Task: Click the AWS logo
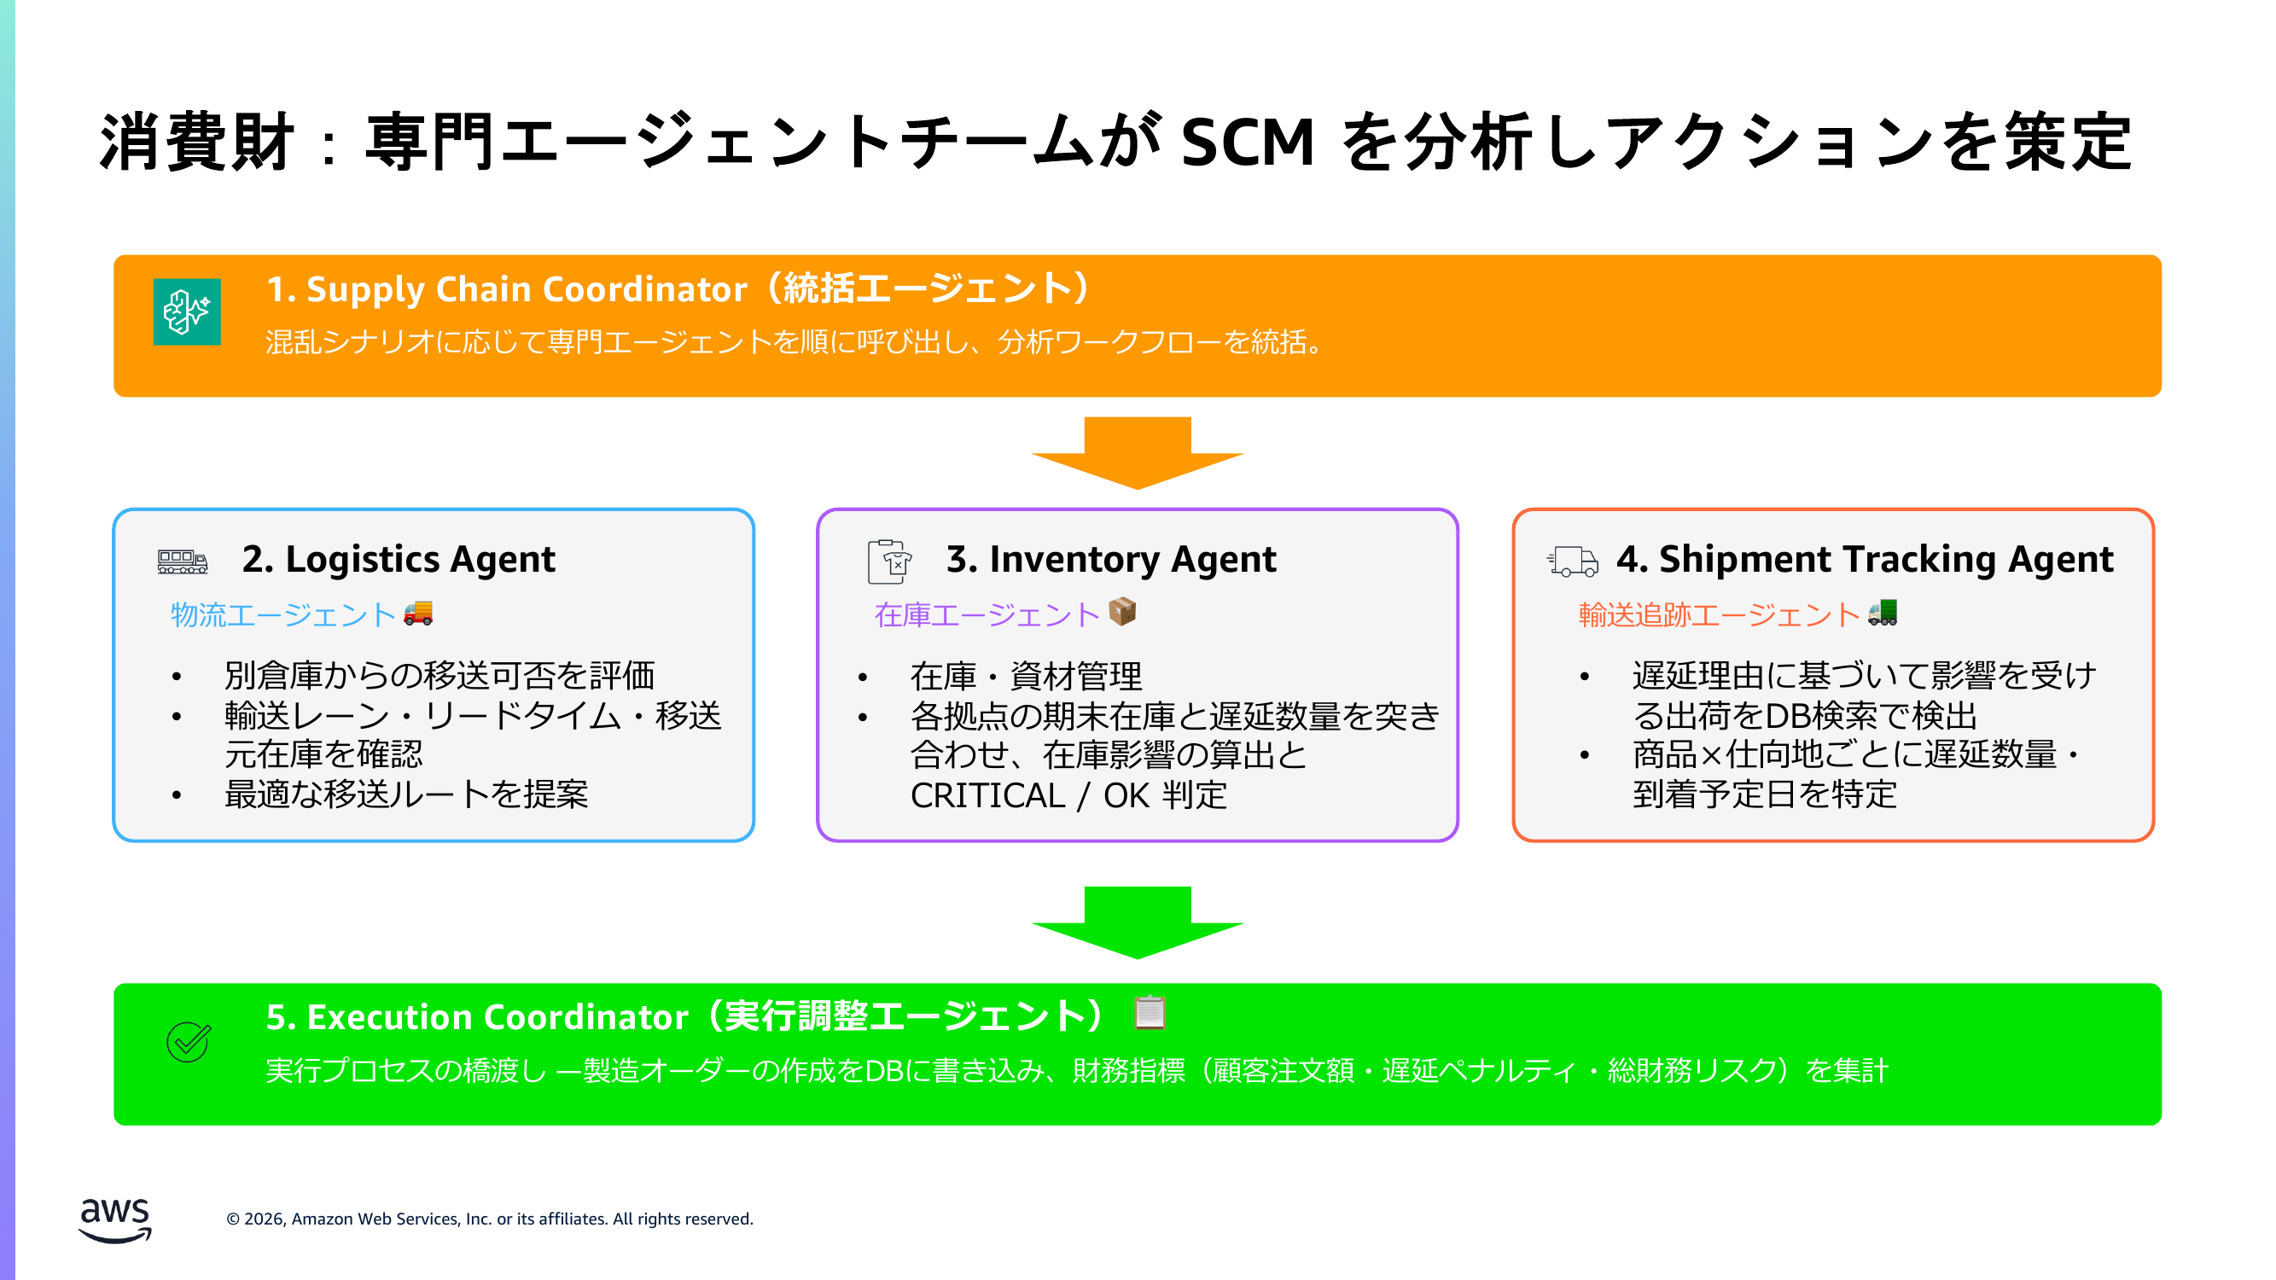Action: [x=115, y=1220]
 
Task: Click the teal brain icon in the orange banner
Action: [x=186, y=311]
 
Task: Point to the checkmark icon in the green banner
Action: [x=189, y=1043]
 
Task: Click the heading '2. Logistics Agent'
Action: [x=399, y=559]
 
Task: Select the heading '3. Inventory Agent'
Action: [x=1110, y=559]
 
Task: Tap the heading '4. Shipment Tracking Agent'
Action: [x=1865, y=559]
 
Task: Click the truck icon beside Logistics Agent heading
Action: [x=182, y=561]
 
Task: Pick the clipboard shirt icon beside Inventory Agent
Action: [x=889, y=561]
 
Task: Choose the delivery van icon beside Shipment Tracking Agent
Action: [x=1573, y=561]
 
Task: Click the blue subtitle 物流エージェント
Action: [x=282, y=614]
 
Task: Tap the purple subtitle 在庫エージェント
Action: [x=986, y=614]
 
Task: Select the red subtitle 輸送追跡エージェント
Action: [x=1719, y=614]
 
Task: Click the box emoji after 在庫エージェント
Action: [x=1122, y=611]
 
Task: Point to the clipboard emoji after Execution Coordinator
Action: [x=1150, y=1012]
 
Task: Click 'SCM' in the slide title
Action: [x=1248, y=142]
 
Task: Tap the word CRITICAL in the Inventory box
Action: [x=987, y=796]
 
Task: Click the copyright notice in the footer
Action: [x=490, y=1219]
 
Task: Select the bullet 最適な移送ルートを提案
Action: [x=405, y=795]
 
